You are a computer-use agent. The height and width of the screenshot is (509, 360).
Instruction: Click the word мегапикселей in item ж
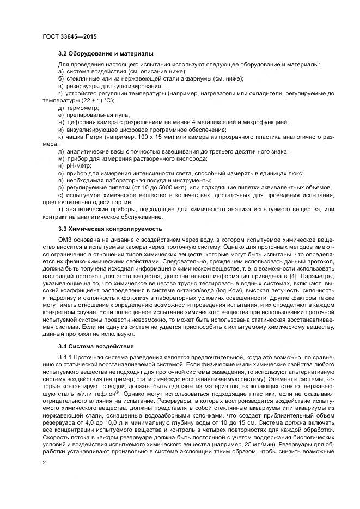click(x=214, y=122)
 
